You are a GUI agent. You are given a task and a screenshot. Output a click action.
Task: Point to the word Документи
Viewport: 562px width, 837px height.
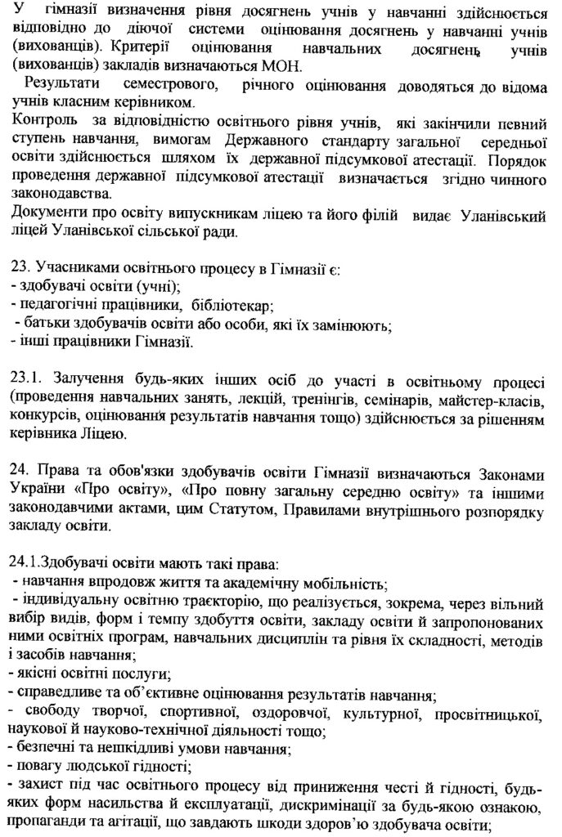point(46,214)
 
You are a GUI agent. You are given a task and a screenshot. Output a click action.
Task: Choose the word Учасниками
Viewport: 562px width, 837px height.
point(71,269)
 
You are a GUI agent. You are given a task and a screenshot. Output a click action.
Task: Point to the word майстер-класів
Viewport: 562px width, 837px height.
point(492,398)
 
